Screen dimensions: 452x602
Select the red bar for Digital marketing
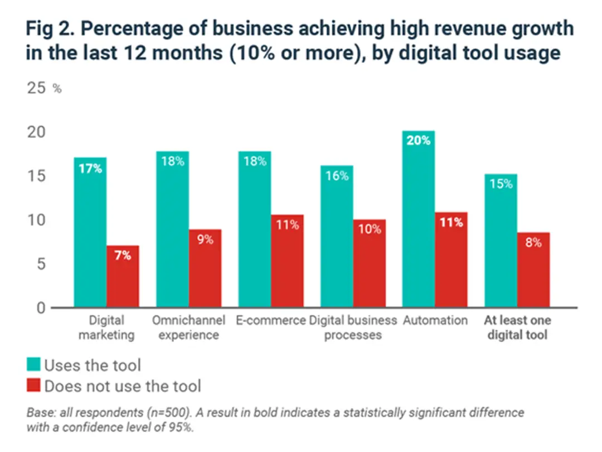[x=123, y=277]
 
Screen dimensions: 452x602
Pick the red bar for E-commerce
[x=287, y=261]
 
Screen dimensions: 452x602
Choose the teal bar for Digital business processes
[x=336, y=237]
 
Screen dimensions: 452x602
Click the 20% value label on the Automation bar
[x=418, y=141]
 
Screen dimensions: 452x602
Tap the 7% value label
[x=123, y=256]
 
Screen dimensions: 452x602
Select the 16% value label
[x=336, y=176]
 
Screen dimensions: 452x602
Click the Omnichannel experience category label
[x=188, y=328]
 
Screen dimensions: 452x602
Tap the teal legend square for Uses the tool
[x=33, y=366]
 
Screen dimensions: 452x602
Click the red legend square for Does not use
[x=33, y=386]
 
